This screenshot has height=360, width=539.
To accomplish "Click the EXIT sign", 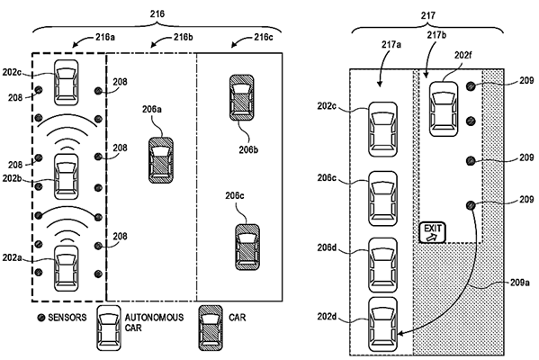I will pyautogui.click(x=433, y=232).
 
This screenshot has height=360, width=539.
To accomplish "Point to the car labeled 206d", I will pyautogui.click(x=382, y=259).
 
